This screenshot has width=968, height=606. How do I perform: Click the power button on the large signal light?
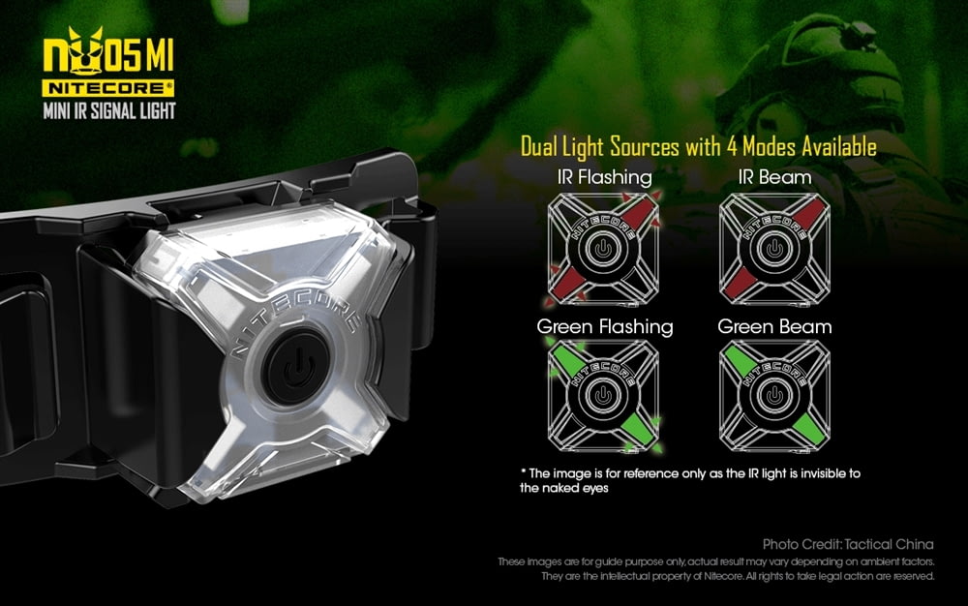(x=298, y=366)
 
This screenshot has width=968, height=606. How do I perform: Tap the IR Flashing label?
(x=604, y=178)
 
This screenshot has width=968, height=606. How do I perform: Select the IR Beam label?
(x=774, y=178)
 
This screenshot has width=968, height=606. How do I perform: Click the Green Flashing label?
(x=605, y=326)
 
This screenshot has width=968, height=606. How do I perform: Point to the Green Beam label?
(x=774, y=326)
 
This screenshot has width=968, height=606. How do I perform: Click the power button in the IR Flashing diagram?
(x=603, y=250)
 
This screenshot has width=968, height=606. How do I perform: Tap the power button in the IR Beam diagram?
(x=774, y=250)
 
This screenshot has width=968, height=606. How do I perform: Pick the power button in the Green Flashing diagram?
(x=603, y=396)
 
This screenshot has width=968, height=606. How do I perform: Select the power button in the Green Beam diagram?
(x=774, y=396)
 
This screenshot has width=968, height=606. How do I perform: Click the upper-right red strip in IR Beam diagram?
(x=808, y=214)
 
